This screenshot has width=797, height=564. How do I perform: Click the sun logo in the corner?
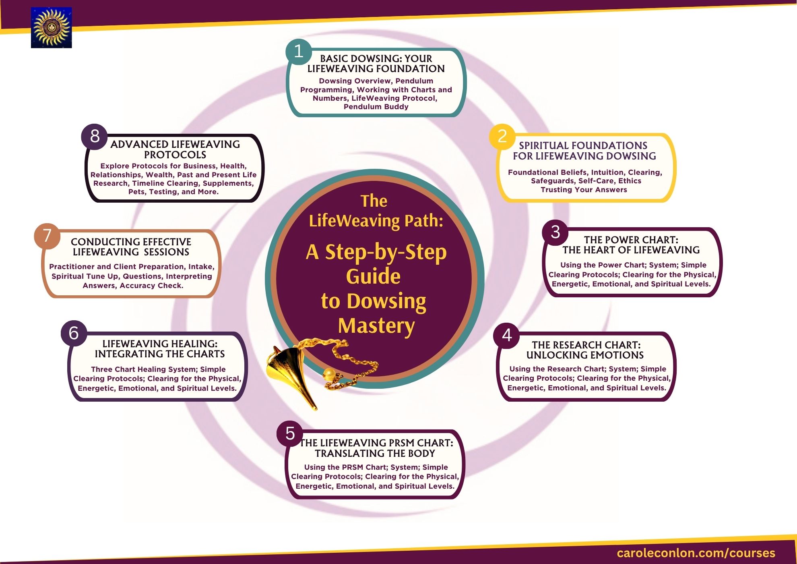point(51,28)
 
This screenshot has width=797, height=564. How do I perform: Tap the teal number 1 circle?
point(299,52)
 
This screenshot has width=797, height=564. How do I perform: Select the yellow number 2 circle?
point(502,137)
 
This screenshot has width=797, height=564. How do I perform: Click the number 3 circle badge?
point(555,232)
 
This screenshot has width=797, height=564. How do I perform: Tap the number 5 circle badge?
point(290,434)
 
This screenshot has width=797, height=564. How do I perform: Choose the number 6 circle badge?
point(74,334)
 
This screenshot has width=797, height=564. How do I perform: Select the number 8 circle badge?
point(95,137)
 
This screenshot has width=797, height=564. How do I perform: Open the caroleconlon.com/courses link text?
point(696,553)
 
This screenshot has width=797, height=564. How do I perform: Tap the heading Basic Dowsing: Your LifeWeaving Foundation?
point(376,64)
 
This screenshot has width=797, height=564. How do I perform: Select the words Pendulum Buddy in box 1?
point(376,107)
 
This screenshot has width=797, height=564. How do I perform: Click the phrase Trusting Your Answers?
point(584,190)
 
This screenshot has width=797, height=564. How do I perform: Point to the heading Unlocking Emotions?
point(585,355)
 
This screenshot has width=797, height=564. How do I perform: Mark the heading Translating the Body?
point(375,454)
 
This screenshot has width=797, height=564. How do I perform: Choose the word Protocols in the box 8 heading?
point(175,155)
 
